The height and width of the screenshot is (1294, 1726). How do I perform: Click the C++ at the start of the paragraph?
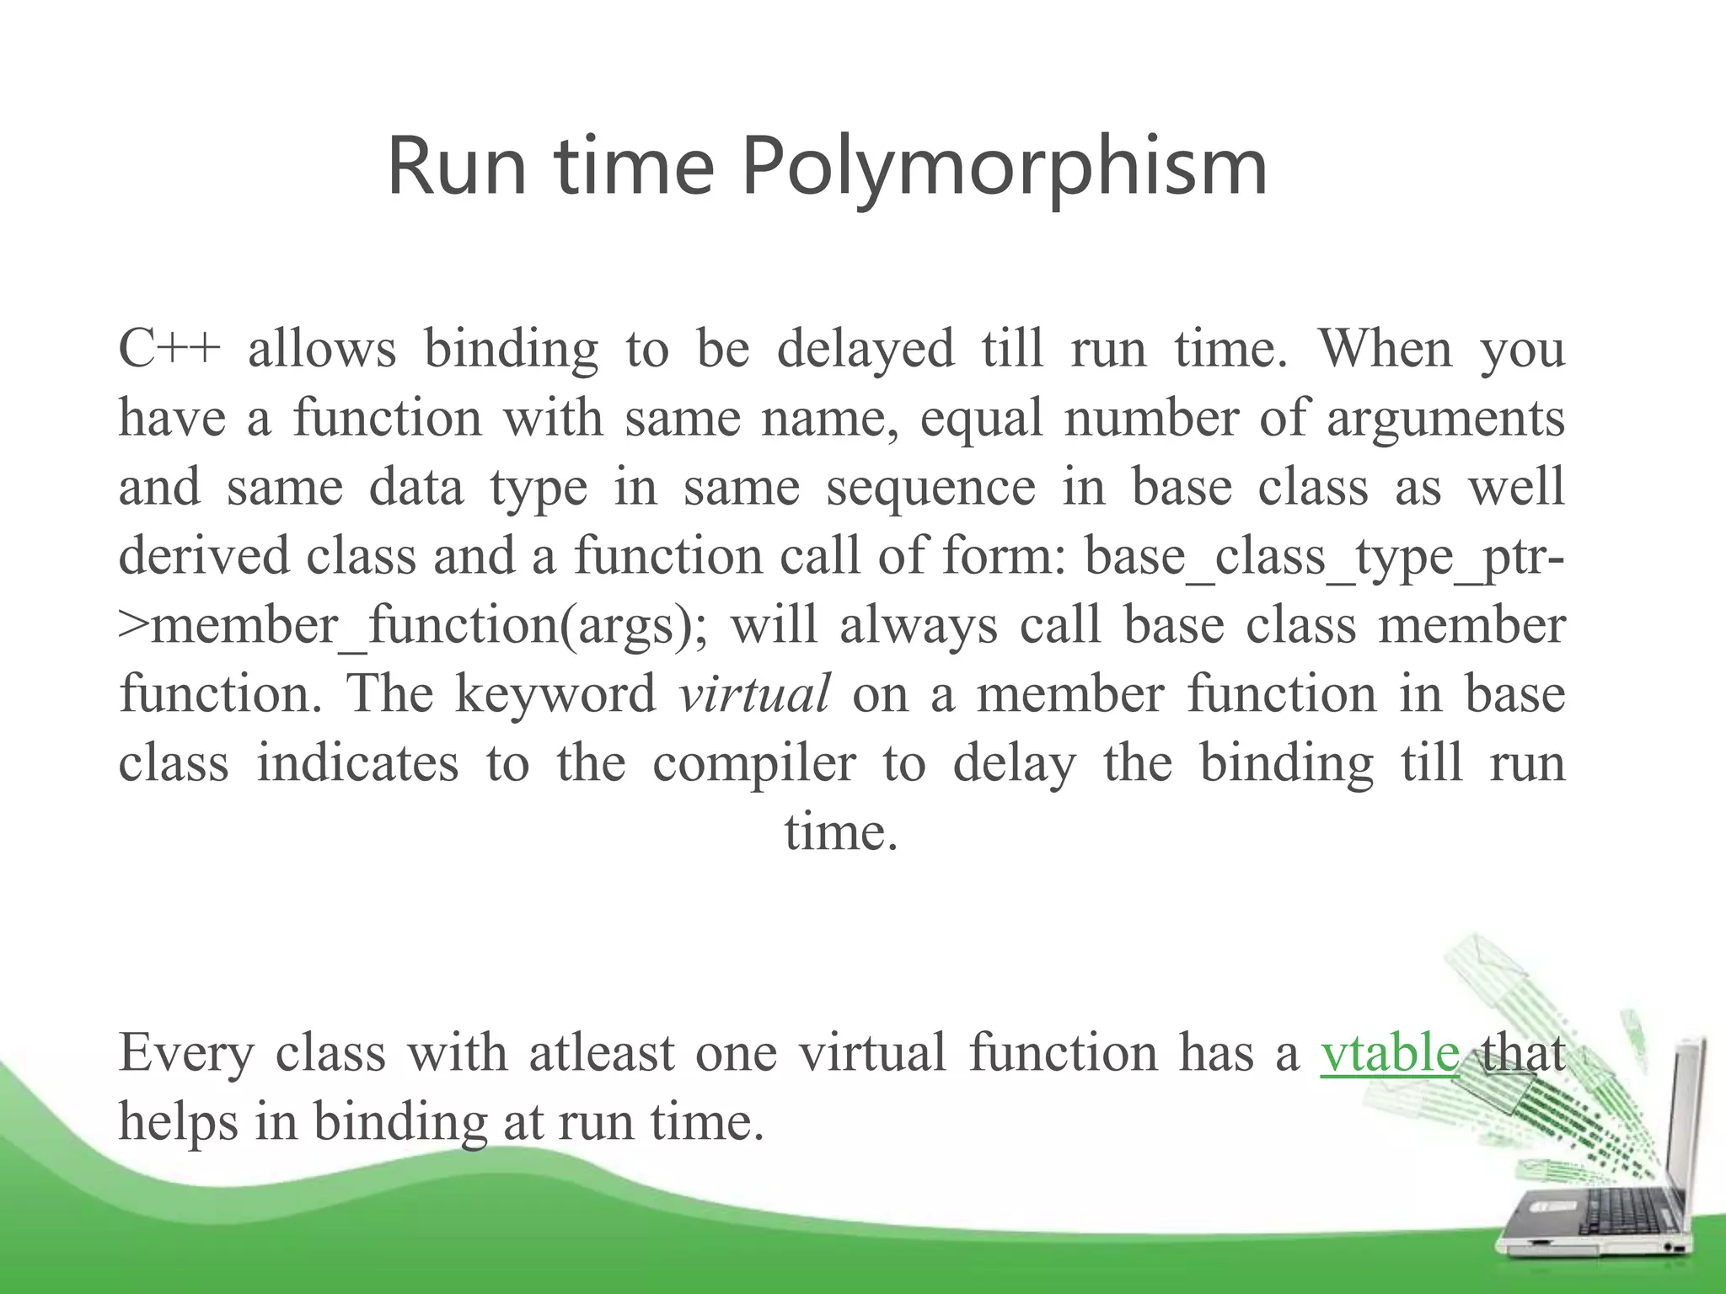click(x=169, y=349)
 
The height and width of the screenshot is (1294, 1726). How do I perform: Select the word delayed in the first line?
click(x=866, y=349)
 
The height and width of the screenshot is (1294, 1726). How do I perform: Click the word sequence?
click(x=930, y=488)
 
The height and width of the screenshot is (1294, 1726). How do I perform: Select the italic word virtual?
click(x=754, y=694)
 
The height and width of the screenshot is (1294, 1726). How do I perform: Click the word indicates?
click(x=357, y=763)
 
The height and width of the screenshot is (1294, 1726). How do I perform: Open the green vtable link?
click(x=1390, y=1053)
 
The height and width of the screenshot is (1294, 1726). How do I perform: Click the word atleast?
click(x=602, y=1053)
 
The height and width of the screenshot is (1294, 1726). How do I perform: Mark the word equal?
click(x=981, y=419)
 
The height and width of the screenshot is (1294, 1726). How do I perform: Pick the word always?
click(x=919, y=626)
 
